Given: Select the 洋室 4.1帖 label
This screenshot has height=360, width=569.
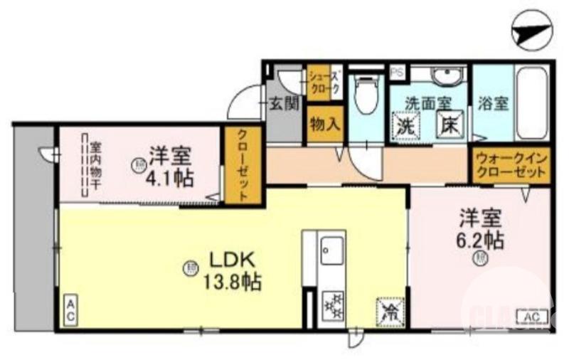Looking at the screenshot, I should [x=170, y=165].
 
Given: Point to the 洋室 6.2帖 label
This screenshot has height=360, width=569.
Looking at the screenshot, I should [x=481, y=228].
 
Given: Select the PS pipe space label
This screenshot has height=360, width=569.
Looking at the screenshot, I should [x=397, y=71].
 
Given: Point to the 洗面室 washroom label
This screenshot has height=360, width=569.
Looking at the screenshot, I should [x=425, y=102].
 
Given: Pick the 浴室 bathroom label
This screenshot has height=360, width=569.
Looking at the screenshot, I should [x=492, y=103].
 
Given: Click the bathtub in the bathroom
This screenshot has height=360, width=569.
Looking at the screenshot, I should [x=531, y=102].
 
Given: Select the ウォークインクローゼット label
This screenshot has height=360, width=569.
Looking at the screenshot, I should [x=510, y=166].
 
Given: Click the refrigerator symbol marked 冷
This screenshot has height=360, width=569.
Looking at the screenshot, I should [x=390, y=309].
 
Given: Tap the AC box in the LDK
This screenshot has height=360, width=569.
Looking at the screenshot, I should [x=71, y=307].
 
